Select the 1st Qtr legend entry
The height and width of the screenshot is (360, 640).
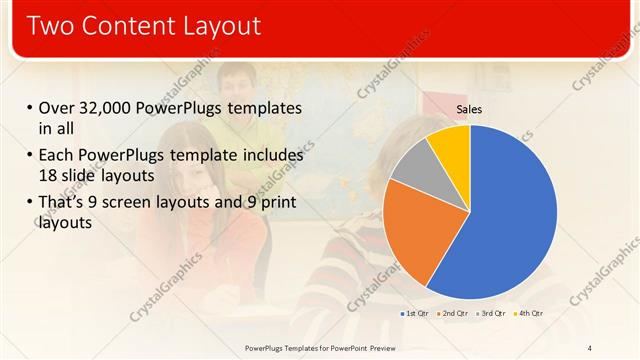414,314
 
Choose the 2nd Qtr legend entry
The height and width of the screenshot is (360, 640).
453,314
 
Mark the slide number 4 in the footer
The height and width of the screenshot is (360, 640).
590,347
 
